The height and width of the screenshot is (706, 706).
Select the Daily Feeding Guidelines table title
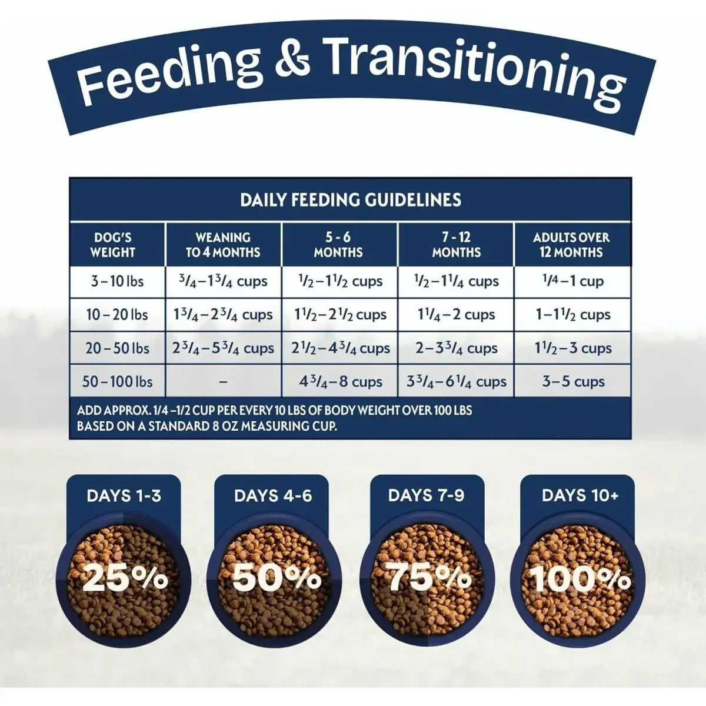[x=351, y=200]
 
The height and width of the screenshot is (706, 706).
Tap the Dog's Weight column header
[x=113, y=245]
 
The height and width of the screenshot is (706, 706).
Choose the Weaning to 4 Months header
[x=223, y=245]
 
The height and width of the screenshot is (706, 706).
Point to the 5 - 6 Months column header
[x=338, y=245]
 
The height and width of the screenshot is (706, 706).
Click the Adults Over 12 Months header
[x=571, y=245]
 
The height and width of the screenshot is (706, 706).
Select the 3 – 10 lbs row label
[x=117, y=281]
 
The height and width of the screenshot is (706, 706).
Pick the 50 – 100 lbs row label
[x=117, y=382]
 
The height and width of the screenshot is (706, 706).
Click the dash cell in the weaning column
[x=223, y=382]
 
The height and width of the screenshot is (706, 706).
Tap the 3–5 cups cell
[x=573, y=382]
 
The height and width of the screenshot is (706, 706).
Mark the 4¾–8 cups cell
[x=341, y=382]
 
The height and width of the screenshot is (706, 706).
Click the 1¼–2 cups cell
[x=457, y=315]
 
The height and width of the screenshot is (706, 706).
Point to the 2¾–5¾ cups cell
[x=223, y=348]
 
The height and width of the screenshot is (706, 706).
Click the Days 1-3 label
[x=124, y=496]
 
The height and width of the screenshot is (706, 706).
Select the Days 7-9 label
[x=426, y=495]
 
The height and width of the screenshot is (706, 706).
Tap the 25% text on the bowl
[x=125, y=579]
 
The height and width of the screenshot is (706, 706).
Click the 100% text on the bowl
[x=580, y=579]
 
